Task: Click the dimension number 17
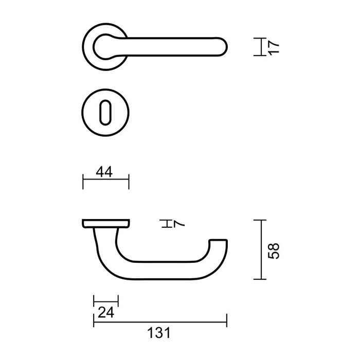coord(274,46)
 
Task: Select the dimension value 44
coord(105,172)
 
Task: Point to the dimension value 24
coord(105,311)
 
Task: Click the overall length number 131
coord(159,333)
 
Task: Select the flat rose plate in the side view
coord(105,223)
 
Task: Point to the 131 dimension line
coord(159,321)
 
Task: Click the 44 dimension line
coord(106,182)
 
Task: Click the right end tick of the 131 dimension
coord(227,321)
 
